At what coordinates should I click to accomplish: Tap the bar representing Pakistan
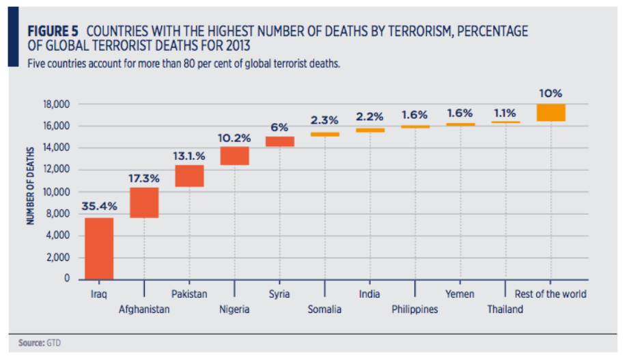tap(189, 176)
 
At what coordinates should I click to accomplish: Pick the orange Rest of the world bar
tap(551, 113)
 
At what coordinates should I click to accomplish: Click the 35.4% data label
tap(99, 205)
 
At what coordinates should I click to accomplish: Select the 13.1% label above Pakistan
tap(189, 155)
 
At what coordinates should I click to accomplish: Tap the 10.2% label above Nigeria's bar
tap(234, 138)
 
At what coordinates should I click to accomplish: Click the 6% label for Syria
tap(279, 127)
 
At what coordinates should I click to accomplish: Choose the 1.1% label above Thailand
tap(506, 113)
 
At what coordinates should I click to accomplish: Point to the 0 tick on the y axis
tap(68, 279)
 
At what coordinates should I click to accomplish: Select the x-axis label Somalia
tap(324, 309)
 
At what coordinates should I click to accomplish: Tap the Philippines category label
tap(415, 309)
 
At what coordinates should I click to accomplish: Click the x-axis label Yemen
tap(460, 294)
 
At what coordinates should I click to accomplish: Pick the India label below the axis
tap(369, 294)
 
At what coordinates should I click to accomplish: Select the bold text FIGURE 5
tap(53, 31)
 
